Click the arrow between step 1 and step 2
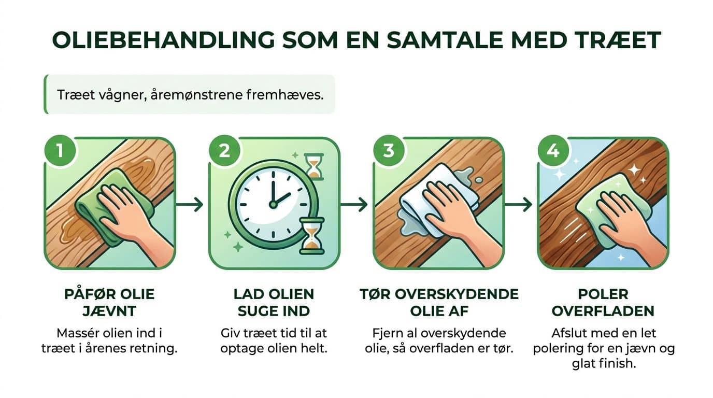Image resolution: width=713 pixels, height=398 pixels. pos(190,205)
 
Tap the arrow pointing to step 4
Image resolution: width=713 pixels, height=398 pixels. pos(519,205)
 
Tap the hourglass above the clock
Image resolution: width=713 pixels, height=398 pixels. pos(312,166)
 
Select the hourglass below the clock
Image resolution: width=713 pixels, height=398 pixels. pos(311,236)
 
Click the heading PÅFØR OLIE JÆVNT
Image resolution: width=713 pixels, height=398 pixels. pos(109,302)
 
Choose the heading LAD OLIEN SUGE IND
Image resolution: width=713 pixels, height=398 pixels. pos(274,302)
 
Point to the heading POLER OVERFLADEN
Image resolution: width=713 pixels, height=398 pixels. pos(603,302)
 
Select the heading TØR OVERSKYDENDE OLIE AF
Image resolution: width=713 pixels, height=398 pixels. pos(439,302)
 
